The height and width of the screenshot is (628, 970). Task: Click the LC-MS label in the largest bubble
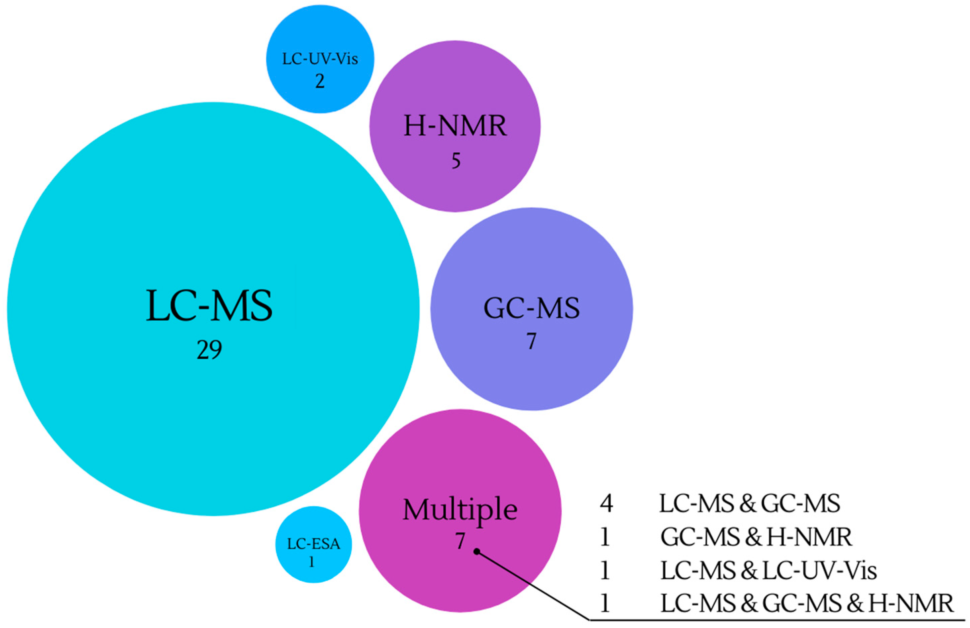(x=209, y=307)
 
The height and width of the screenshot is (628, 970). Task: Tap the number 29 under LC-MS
(x=209, y=350)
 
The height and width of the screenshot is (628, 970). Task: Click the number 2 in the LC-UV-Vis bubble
(x=320, y=81)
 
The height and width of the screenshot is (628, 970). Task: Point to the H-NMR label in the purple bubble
(x=455, y=126)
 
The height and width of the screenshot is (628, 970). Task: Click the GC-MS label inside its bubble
(x=531, y=308)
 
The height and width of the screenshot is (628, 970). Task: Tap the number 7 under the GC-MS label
(x=531, y=341)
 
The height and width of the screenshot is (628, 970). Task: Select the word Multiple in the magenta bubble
(x=460, y=510)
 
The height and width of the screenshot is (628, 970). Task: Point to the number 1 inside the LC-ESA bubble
(x=312, y=562)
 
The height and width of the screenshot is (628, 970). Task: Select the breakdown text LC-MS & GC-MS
(x=749, y=504)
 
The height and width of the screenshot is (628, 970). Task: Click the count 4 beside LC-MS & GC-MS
(x=606, y=504)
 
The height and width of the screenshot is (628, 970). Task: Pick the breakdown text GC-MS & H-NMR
(x=756, y=537)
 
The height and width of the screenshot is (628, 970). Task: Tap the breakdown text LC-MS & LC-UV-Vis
(x=768, y=571)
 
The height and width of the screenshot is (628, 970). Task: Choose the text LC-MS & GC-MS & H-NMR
(x=807, y=604)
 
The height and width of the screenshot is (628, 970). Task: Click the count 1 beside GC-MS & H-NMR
(x=605, y=537)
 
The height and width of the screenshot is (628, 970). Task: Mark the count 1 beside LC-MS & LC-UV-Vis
(x=605, y=571)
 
